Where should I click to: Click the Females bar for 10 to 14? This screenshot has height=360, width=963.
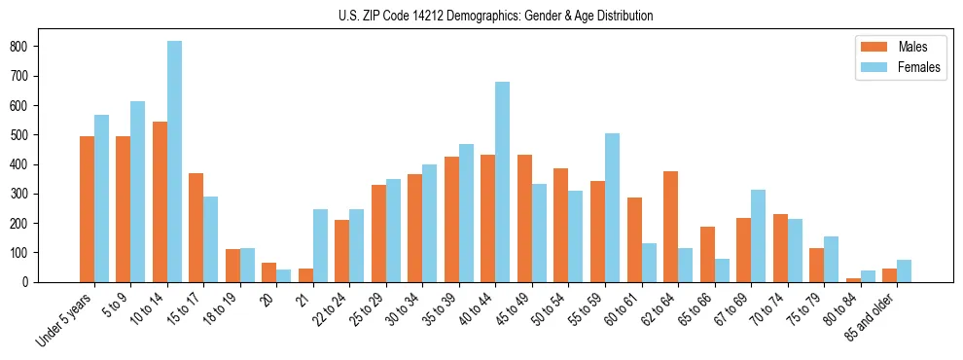pos(174,162)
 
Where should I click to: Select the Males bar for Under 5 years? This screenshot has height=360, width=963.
pos(87,209)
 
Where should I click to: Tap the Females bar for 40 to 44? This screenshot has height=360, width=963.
pos(502,182)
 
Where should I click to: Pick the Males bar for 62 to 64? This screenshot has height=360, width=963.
pos(670,227)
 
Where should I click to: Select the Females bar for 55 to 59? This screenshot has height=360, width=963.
pos(612,207)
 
